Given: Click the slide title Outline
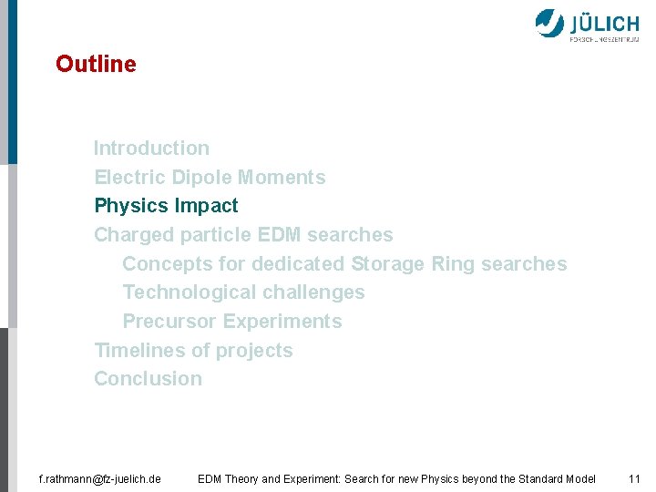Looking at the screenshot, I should click(96, 65).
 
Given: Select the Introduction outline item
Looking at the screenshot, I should click(151, 148).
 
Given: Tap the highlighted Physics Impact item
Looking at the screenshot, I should click(166, 206).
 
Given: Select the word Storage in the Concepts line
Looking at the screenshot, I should click(388, 264).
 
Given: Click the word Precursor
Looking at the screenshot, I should click(169, 322).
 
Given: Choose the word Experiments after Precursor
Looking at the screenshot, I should click(282, 322).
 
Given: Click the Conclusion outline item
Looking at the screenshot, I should click(149, 379).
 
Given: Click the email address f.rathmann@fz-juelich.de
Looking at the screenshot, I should click(100, 478).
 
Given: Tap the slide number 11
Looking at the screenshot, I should click(635, 478).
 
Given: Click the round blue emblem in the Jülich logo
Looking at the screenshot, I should click(549, 23).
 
